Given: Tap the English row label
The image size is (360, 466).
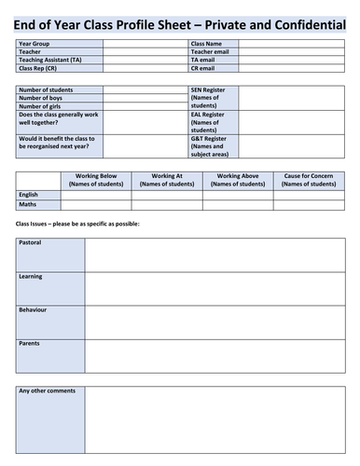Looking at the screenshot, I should pos(28,194).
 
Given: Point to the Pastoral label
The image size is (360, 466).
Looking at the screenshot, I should pos(30,243).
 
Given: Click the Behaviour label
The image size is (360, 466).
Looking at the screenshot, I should pos(33,309).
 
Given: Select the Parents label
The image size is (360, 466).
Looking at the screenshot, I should pos(29,344).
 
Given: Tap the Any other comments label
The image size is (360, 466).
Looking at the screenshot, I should pos(47,391).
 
